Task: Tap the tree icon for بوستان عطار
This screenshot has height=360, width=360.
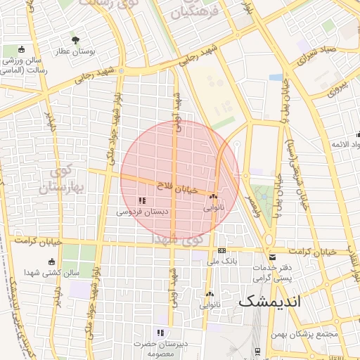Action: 75,39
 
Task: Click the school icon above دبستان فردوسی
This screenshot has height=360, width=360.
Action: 142,201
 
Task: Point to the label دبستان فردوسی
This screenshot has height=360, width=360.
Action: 141,211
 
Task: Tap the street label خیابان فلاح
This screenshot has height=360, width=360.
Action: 179,186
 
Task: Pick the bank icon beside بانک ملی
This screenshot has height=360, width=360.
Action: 222,251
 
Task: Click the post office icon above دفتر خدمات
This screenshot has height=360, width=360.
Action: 272,256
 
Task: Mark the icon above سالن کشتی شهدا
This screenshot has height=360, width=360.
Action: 51,262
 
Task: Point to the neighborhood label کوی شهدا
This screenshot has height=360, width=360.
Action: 186,240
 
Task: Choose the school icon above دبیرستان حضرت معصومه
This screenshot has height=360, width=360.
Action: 160,333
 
